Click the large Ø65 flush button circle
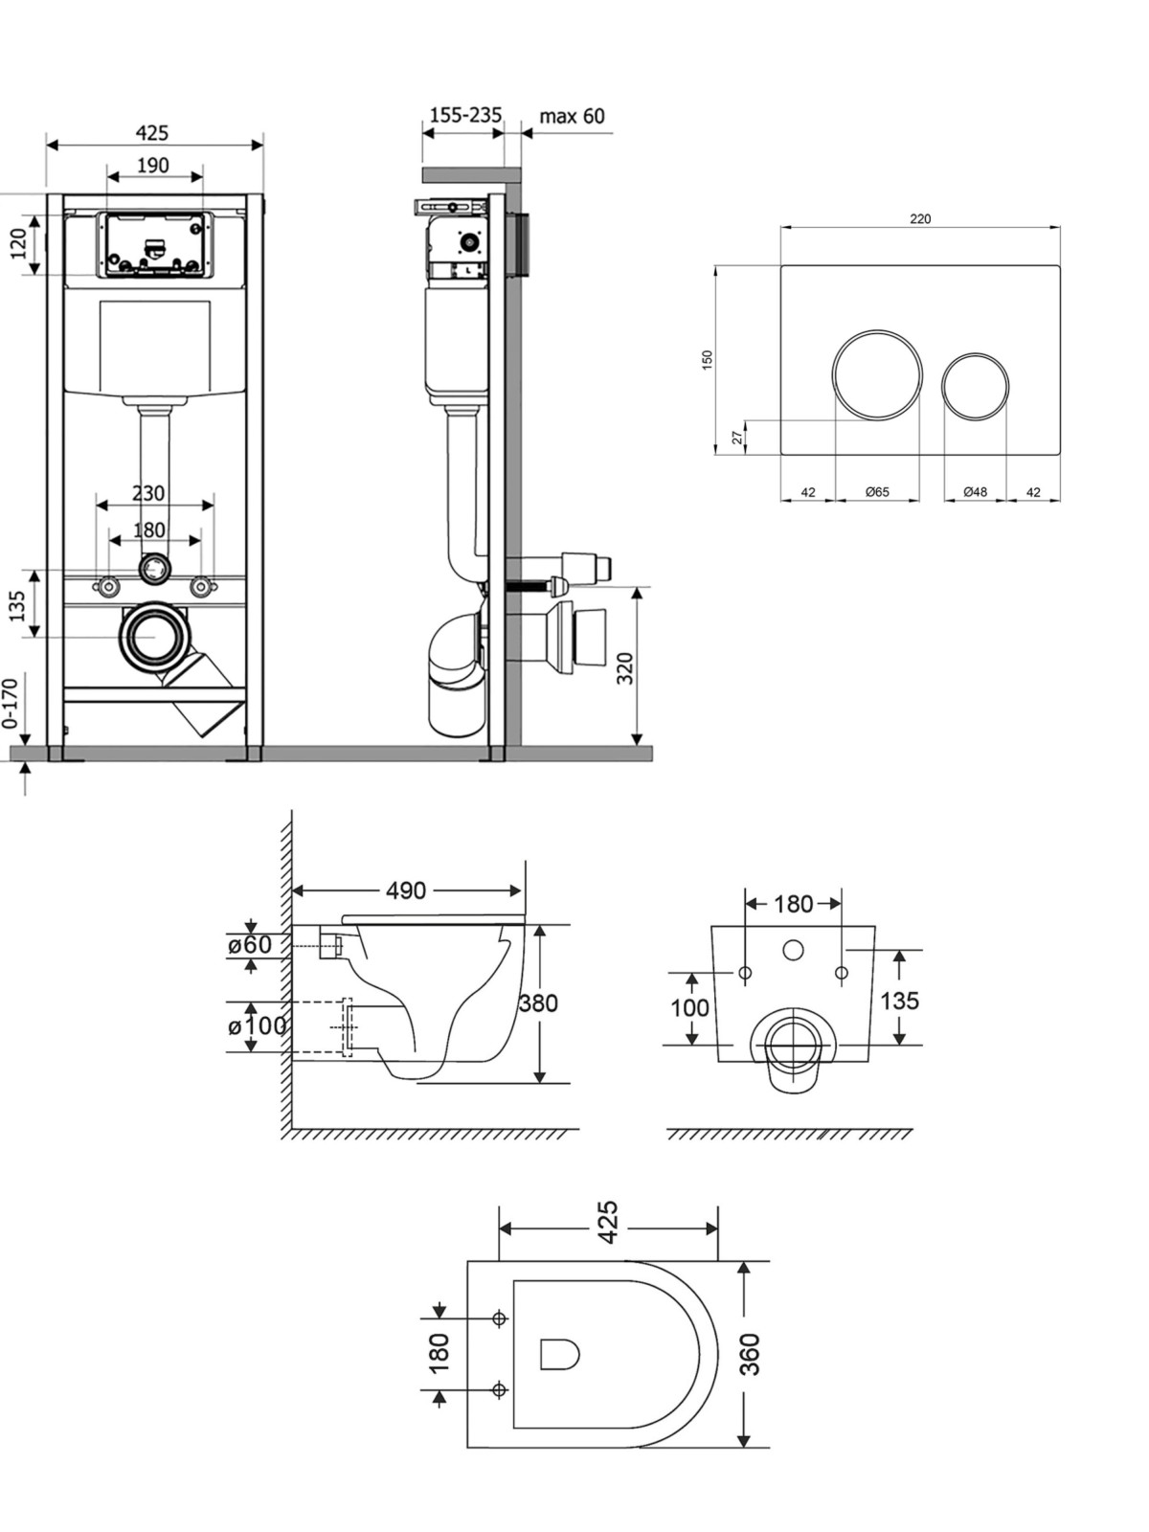tap(834, 375)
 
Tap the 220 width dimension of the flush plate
tap(920, 218)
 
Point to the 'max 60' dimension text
tap(572, 115)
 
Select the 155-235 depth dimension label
tap(465, 115)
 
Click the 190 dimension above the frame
tap(153, 166)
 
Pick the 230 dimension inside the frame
tap(148, 493)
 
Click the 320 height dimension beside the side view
tap(625, 667)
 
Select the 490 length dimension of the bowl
tap(406, 890)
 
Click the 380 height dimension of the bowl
tap(538, 1003)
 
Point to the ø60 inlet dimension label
tap(249, 945)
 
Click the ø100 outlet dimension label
tap(258, 1026)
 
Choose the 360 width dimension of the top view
tap(750, 1354)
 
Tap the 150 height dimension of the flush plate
tap(708, 360)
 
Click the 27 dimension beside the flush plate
tap(736, 437)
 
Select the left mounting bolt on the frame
tap(107, 586)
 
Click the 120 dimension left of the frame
tap(19, 243)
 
